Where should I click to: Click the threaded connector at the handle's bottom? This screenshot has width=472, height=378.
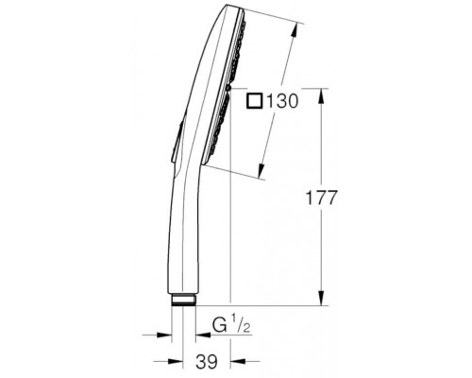click(x=184, y=300)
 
